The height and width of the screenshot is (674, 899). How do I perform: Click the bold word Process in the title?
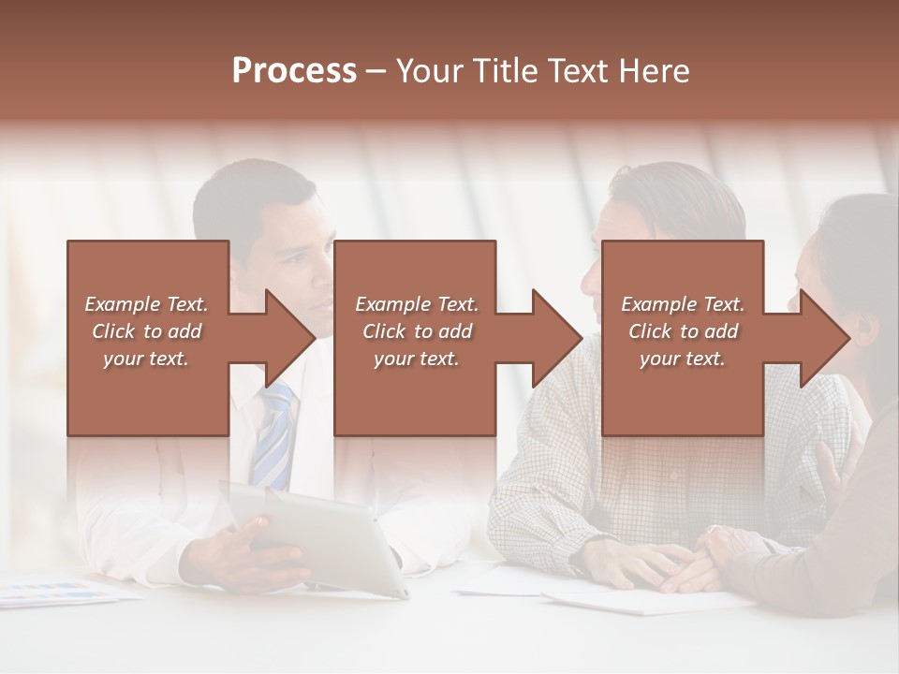point(294,71)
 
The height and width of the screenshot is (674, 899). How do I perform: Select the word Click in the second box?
point(383,331)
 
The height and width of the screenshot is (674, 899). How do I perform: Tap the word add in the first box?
point(184,331)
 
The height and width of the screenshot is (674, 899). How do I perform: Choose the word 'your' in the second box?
point(392,359)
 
